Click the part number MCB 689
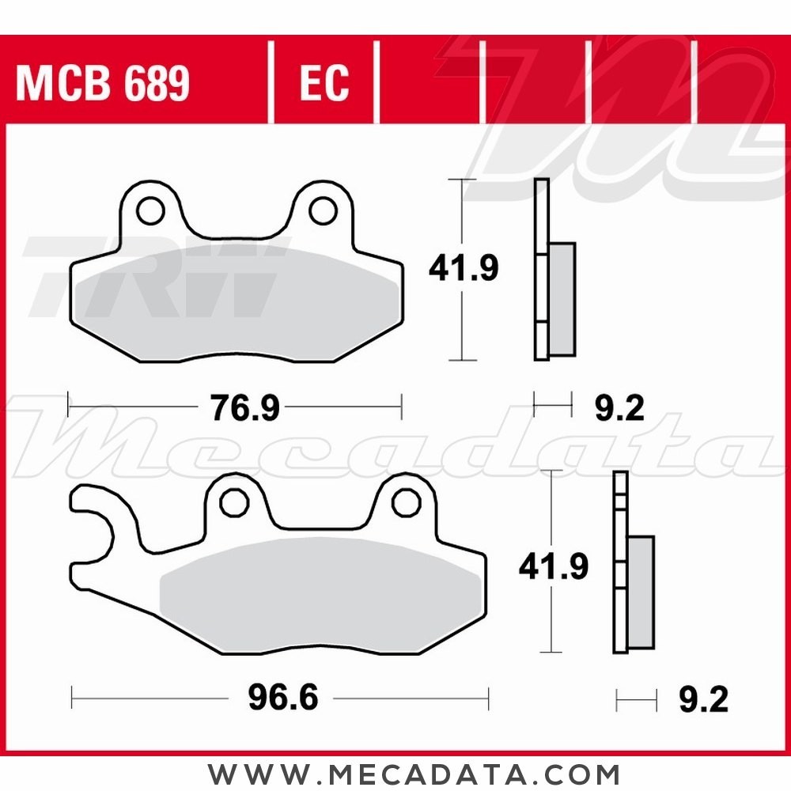pyautogui.click(x=103, y=84)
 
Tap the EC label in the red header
pyautogui.click(x=324, y=82)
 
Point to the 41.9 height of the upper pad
pyautogui.click(x=464, y=269)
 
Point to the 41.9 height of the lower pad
pyautogui.click(x=554, y=566)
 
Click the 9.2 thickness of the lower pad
pyautogui.click(x=703, y=699)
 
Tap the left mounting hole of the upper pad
pyautogui.click(x=147, y=210)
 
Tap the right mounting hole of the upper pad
pyautogui.click(x=321, y=210)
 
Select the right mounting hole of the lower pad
pyautogui.click(x=406, y=501)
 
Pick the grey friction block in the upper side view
pyautogui.click(x=562, y=298)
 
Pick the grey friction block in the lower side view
pyautogui.click(x=642, y=592)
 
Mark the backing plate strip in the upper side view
pyautogui.click(x=541, y=269)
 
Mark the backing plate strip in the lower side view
pyautogui.click(x=620, y=562)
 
